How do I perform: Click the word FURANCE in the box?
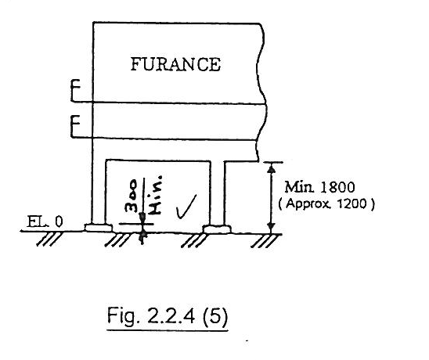click(175, 64)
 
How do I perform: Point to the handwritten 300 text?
click(131, 196)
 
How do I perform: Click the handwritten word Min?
click(155, 195)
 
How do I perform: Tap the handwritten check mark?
click(186, 207)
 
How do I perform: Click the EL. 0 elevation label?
click(45, 221)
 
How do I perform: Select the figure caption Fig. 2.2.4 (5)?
click(168, 316)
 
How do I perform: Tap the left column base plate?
click(99, 228)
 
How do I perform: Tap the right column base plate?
click(216, 229)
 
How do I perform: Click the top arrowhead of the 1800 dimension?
click(271, 168)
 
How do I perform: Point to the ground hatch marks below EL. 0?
click(49, 239)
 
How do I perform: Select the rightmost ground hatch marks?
click(263, 241)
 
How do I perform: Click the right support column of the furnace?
click(218, 193)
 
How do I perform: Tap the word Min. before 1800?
click(300, 187)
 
